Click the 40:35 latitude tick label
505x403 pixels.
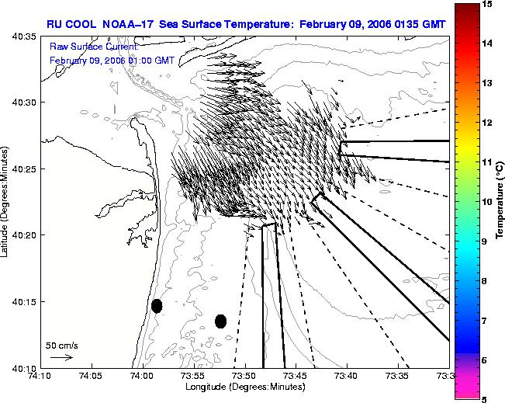25,36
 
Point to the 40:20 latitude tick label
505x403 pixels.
25,235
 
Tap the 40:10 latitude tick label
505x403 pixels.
25,368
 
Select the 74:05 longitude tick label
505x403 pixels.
92,376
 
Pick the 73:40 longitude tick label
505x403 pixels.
348,376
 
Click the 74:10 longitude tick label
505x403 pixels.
41,376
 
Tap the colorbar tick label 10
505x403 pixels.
487,202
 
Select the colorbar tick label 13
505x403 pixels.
487,83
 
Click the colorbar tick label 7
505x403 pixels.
484,321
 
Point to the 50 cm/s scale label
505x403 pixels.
61,346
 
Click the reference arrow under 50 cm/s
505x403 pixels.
61,357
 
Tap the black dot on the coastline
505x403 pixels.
157,306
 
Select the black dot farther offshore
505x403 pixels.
220,321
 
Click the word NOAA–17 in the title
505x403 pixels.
127,24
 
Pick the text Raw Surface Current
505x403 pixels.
94,47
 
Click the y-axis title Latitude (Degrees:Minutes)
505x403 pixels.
4,202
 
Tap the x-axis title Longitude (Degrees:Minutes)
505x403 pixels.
245,387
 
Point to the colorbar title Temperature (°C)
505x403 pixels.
500,200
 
